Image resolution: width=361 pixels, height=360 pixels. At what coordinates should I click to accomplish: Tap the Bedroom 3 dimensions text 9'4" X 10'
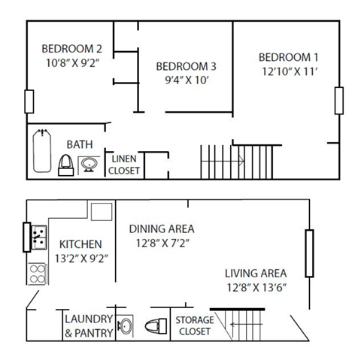(181, 80)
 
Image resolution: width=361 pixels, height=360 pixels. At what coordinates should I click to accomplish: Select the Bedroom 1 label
(288, 58)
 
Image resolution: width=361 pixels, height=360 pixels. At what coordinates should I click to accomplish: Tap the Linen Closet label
(124, 165)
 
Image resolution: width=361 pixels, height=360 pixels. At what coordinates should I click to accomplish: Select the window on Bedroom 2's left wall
(29, 101)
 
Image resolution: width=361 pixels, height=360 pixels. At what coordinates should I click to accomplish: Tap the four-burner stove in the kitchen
(37, 273)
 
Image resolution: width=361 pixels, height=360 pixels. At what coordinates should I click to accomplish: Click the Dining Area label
(162, 228)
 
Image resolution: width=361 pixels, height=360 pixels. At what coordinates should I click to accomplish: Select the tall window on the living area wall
(308, 254)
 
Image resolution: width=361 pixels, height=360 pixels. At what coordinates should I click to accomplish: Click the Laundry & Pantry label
(89, 325)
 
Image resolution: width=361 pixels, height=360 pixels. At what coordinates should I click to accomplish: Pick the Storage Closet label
(193, 325)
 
